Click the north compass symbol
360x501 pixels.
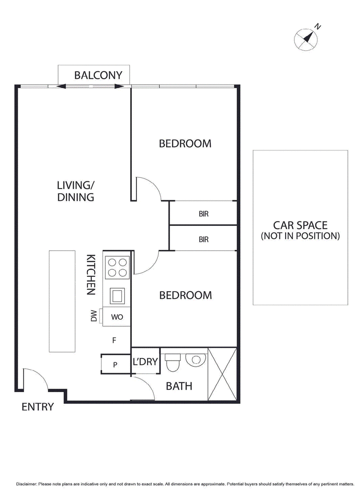pos(306,38)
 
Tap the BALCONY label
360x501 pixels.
pos(98,75)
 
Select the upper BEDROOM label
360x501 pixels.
pos(185,144)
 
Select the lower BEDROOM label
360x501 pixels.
pos(185,295)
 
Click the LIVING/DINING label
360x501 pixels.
pos(75,191)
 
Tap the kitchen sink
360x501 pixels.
pos(117,296)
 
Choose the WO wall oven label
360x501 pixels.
pos(117,317)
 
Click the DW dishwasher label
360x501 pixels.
pos(94,316)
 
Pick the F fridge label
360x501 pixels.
pos(114,340)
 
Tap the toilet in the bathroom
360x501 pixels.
pos(172,362)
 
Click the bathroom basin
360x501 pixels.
pos(196,359)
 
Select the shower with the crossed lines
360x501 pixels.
pos(222,374)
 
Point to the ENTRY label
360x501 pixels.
pos(38,407)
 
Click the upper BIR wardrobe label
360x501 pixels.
pos(203,214)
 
